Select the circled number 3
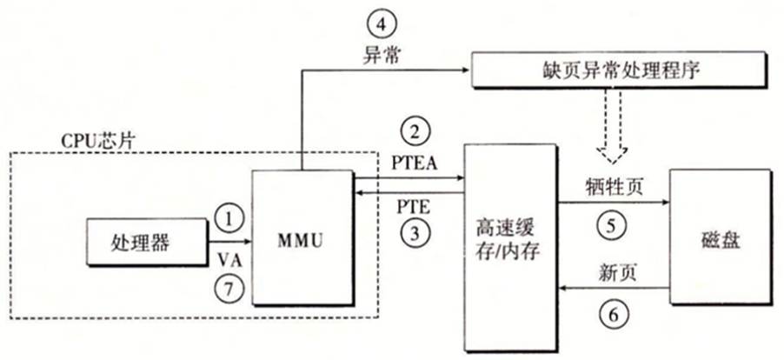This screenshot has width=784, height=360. tap(415, 234)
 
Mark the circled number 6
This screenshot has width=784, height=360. tap(613, 314)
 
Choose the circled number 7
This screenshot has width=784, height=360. tap(229, 289)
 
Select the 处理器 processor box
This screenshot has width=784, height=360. tap(146, 242)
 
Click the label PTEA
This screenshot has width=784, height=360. tap(415, 162)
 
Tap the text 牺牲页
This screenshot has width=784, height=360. tap(613, 188)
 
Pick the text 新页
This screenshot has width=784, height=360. tap(614, 274)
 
